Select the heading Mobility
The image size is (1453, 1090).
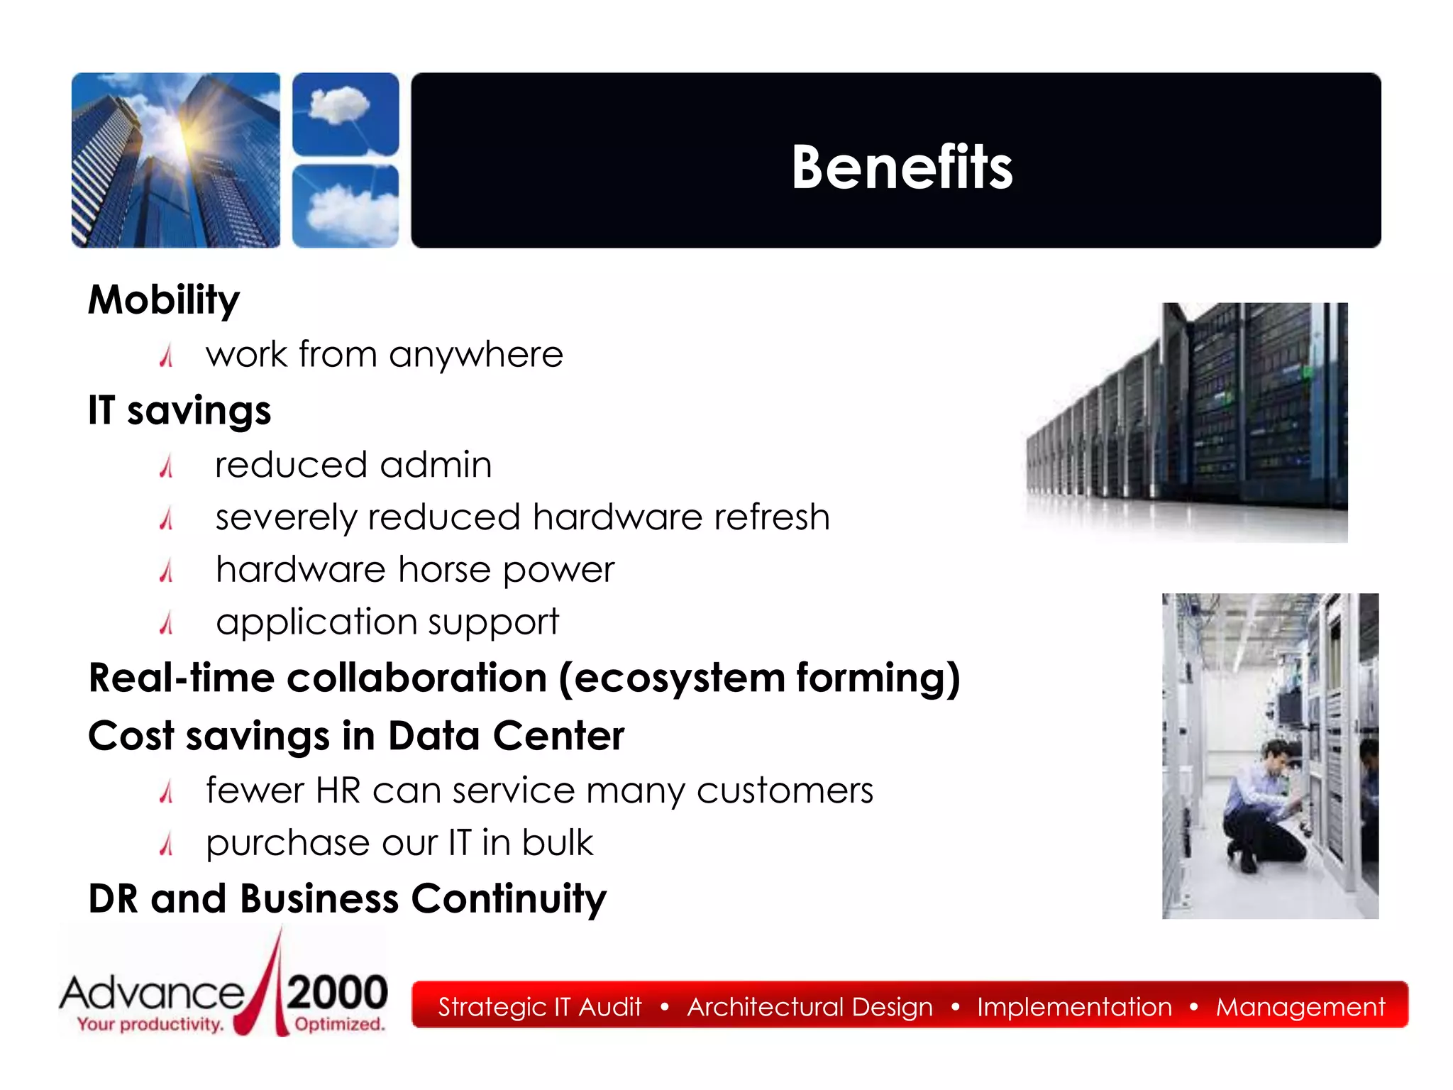pyautogui.click(x=164, y=299)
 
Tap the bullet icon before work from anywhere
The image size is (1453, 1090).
pyautogui.click(x=167, y=355)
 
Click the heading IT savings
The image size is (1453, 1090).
pyautogui.click(x=179, y=410)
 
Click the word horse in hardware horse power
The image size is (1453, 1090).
pyautogui.click(x=444, y=570)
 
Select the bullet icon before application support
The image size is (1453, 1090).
pyautogui.click(x=167, y=623)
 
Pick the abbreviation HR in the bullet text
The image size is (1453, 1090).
pyautogui.click(x=338, y=791)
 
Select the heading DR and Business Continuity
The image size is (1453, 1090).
pyautogui.click(x=348, y=898)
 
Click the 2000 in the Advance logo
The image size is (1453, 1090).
pyautogui.click(x=338, y=993)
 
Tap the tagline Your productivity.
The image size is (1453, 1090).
pyautogui.click(x=150, y=1024)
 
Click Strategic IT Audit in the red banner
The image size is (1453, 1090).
pyautogui.click(x=539, y=1007)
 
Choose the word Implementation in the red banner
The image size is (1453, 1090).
pyautogui.click(x=1074, y=1007)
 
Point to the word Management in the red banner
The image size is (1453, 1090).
pyautogui.click(x=1300, y=1007)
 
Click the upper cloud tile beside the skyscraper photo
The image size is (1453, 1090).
pyautogui.click(x=346, y=114)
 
